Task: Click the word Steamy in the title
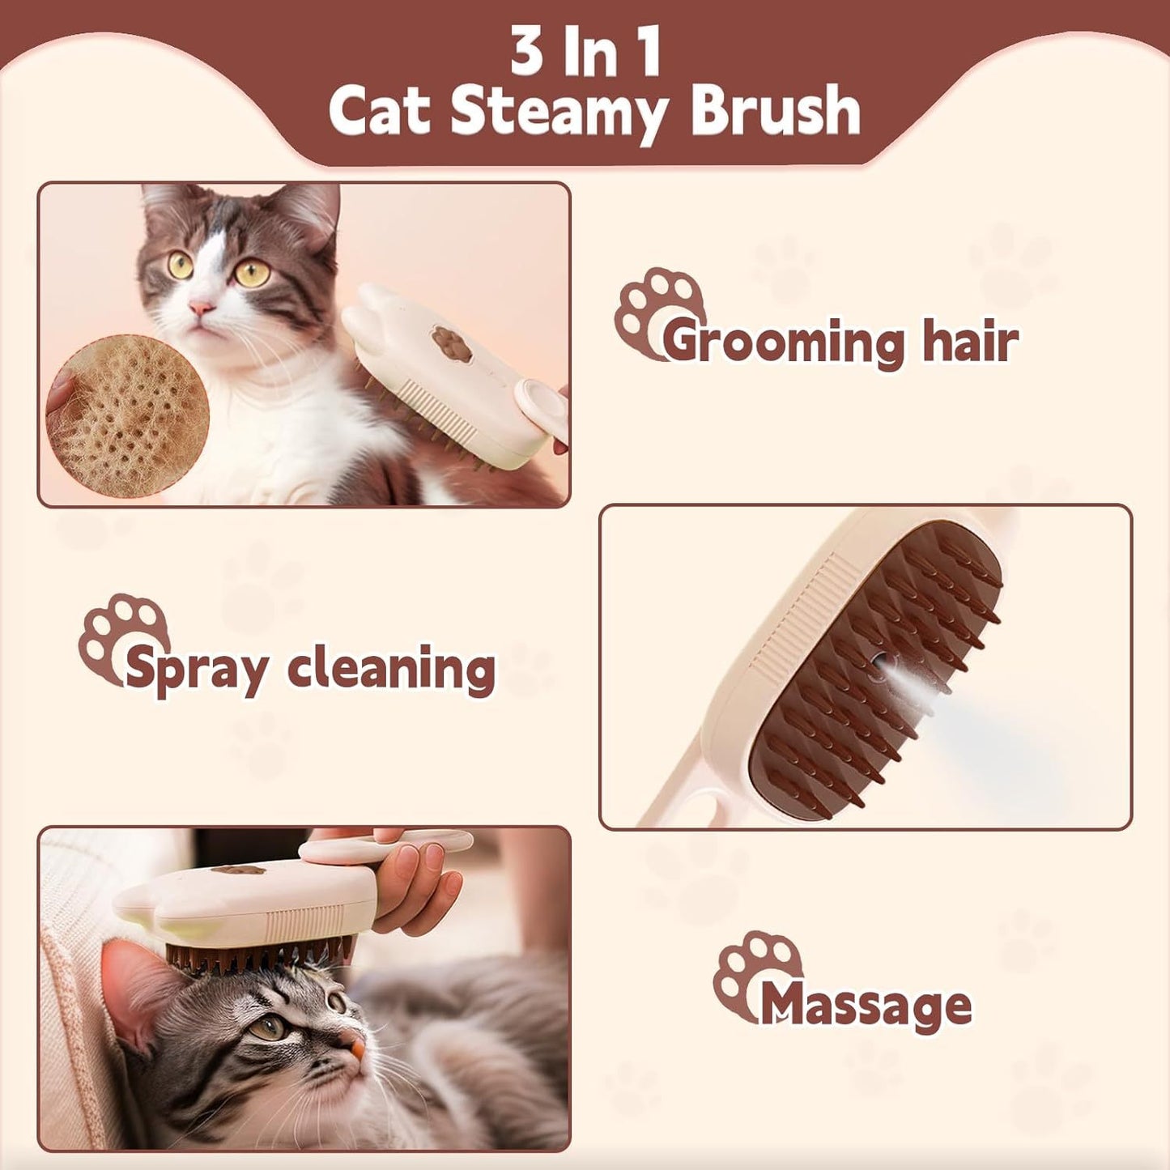(x=558, y=113)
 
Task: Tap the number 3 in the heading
(x=528, y=52)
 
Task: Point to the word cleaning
(x=391, y=670)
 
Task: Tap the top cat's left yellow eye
(x=180, y=265)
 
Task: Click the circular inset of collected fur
(x=128, y=415)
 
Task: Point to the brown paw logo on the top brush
(x=451, y=343)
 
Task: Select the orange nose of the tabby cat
(x=356, y=1048)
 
